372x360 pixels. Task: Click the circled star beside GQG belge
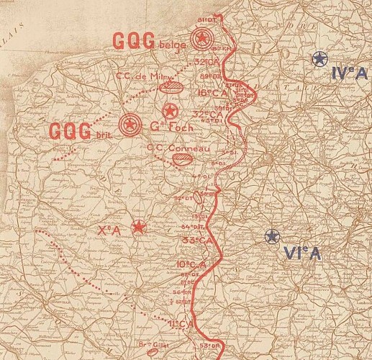(202, 39)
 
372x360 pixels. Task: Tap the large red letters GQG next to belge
(134, 41)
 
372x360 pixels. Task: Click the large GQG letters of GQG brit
(71, 131)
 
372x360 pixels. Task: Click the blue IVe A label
(350, 72)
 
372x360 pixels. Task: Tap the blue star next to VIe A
(271, 236)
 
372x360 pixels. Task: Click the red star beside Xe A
(137, 228)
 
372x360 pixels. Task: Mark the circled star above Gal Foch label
(171, 111)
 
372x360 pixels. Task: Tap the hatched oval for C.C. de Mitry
(173, 88)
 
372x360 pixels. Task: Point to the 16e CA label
(212, 93)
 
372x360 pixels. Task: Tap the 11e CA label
(181, 323)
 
